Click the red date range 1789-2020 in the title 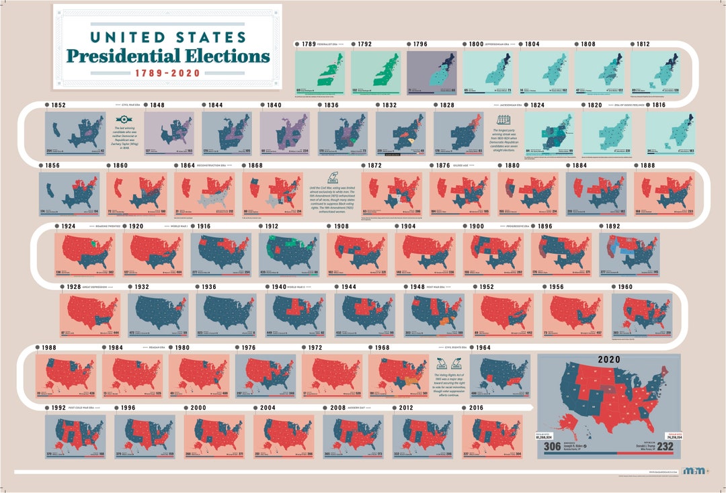click(167, 73)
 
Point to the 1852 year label click(58, 105)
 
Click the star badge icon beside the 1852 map click(118, 118)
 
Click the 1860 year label click(120, 165)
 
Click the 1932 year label click(142, 287)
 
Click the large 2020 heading click(610, 360)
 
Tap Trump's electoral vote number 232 click(668, 445)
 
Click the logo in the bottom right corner click(694, 471)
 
